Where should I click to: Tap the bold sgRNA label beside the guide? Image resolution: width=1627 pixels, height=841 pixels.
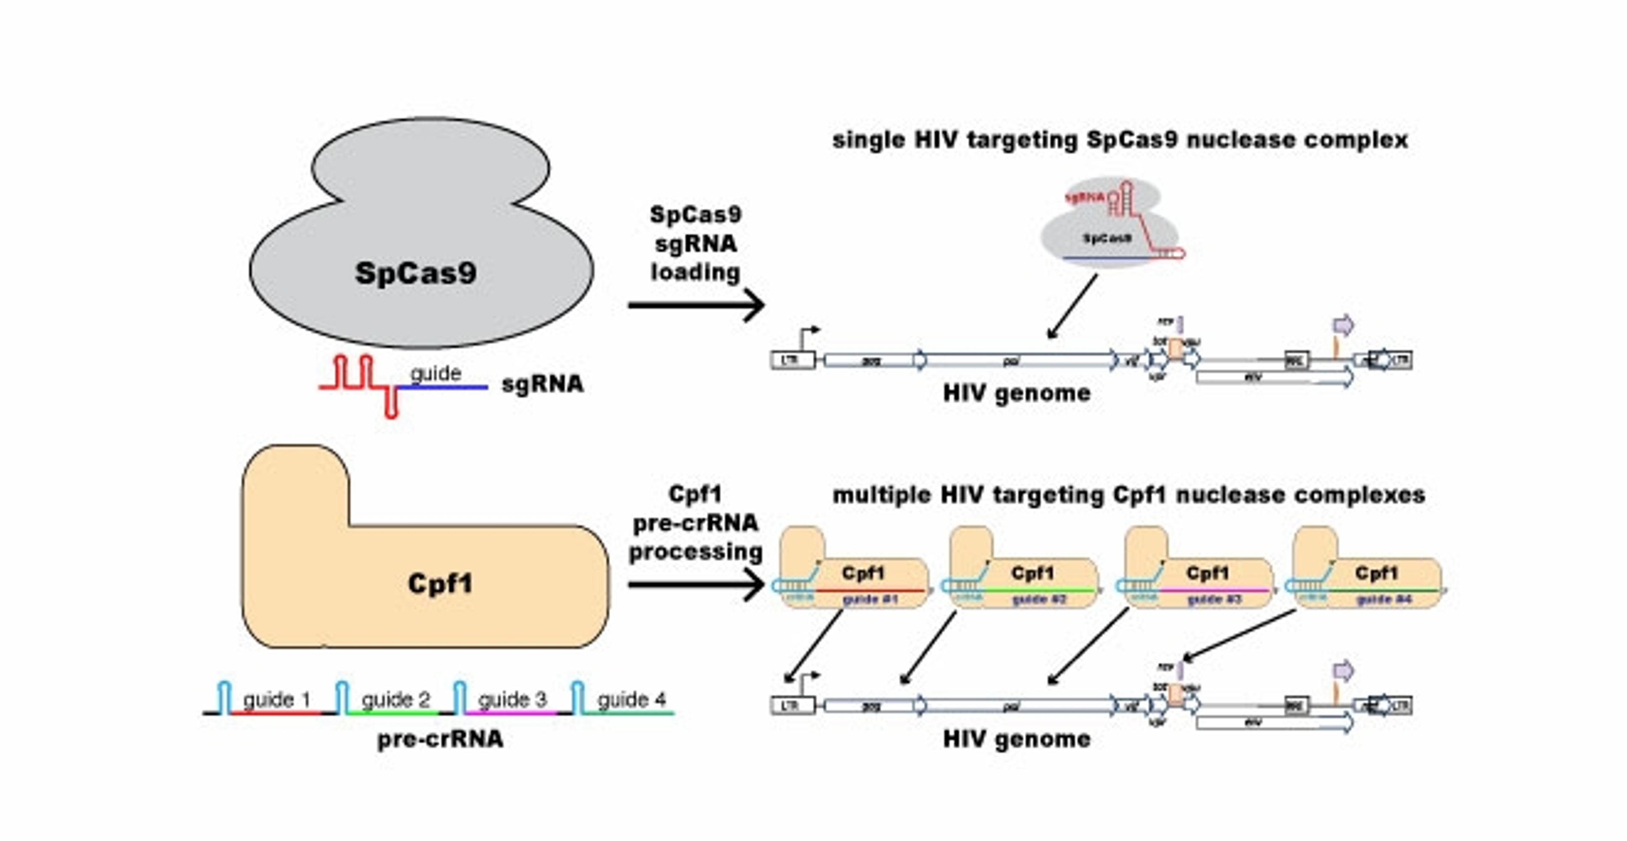click(542, 384)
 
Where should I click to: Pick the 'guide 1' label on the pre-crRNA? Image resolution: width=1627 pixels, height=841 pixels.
click(277, 699)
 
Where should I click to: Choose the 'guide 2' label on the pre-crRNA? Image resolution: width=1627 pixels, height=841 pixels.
click(395, 699)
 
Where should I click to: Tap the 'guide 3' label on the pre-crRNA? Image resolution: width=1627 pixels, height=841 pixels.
click(512, 699)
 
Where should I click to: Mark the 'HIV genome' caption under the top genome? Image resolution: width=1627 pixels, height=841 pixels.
click(1017, 393)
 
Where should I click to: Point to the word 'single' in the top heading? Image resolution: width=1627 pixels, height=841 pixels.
click(869, 139)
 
